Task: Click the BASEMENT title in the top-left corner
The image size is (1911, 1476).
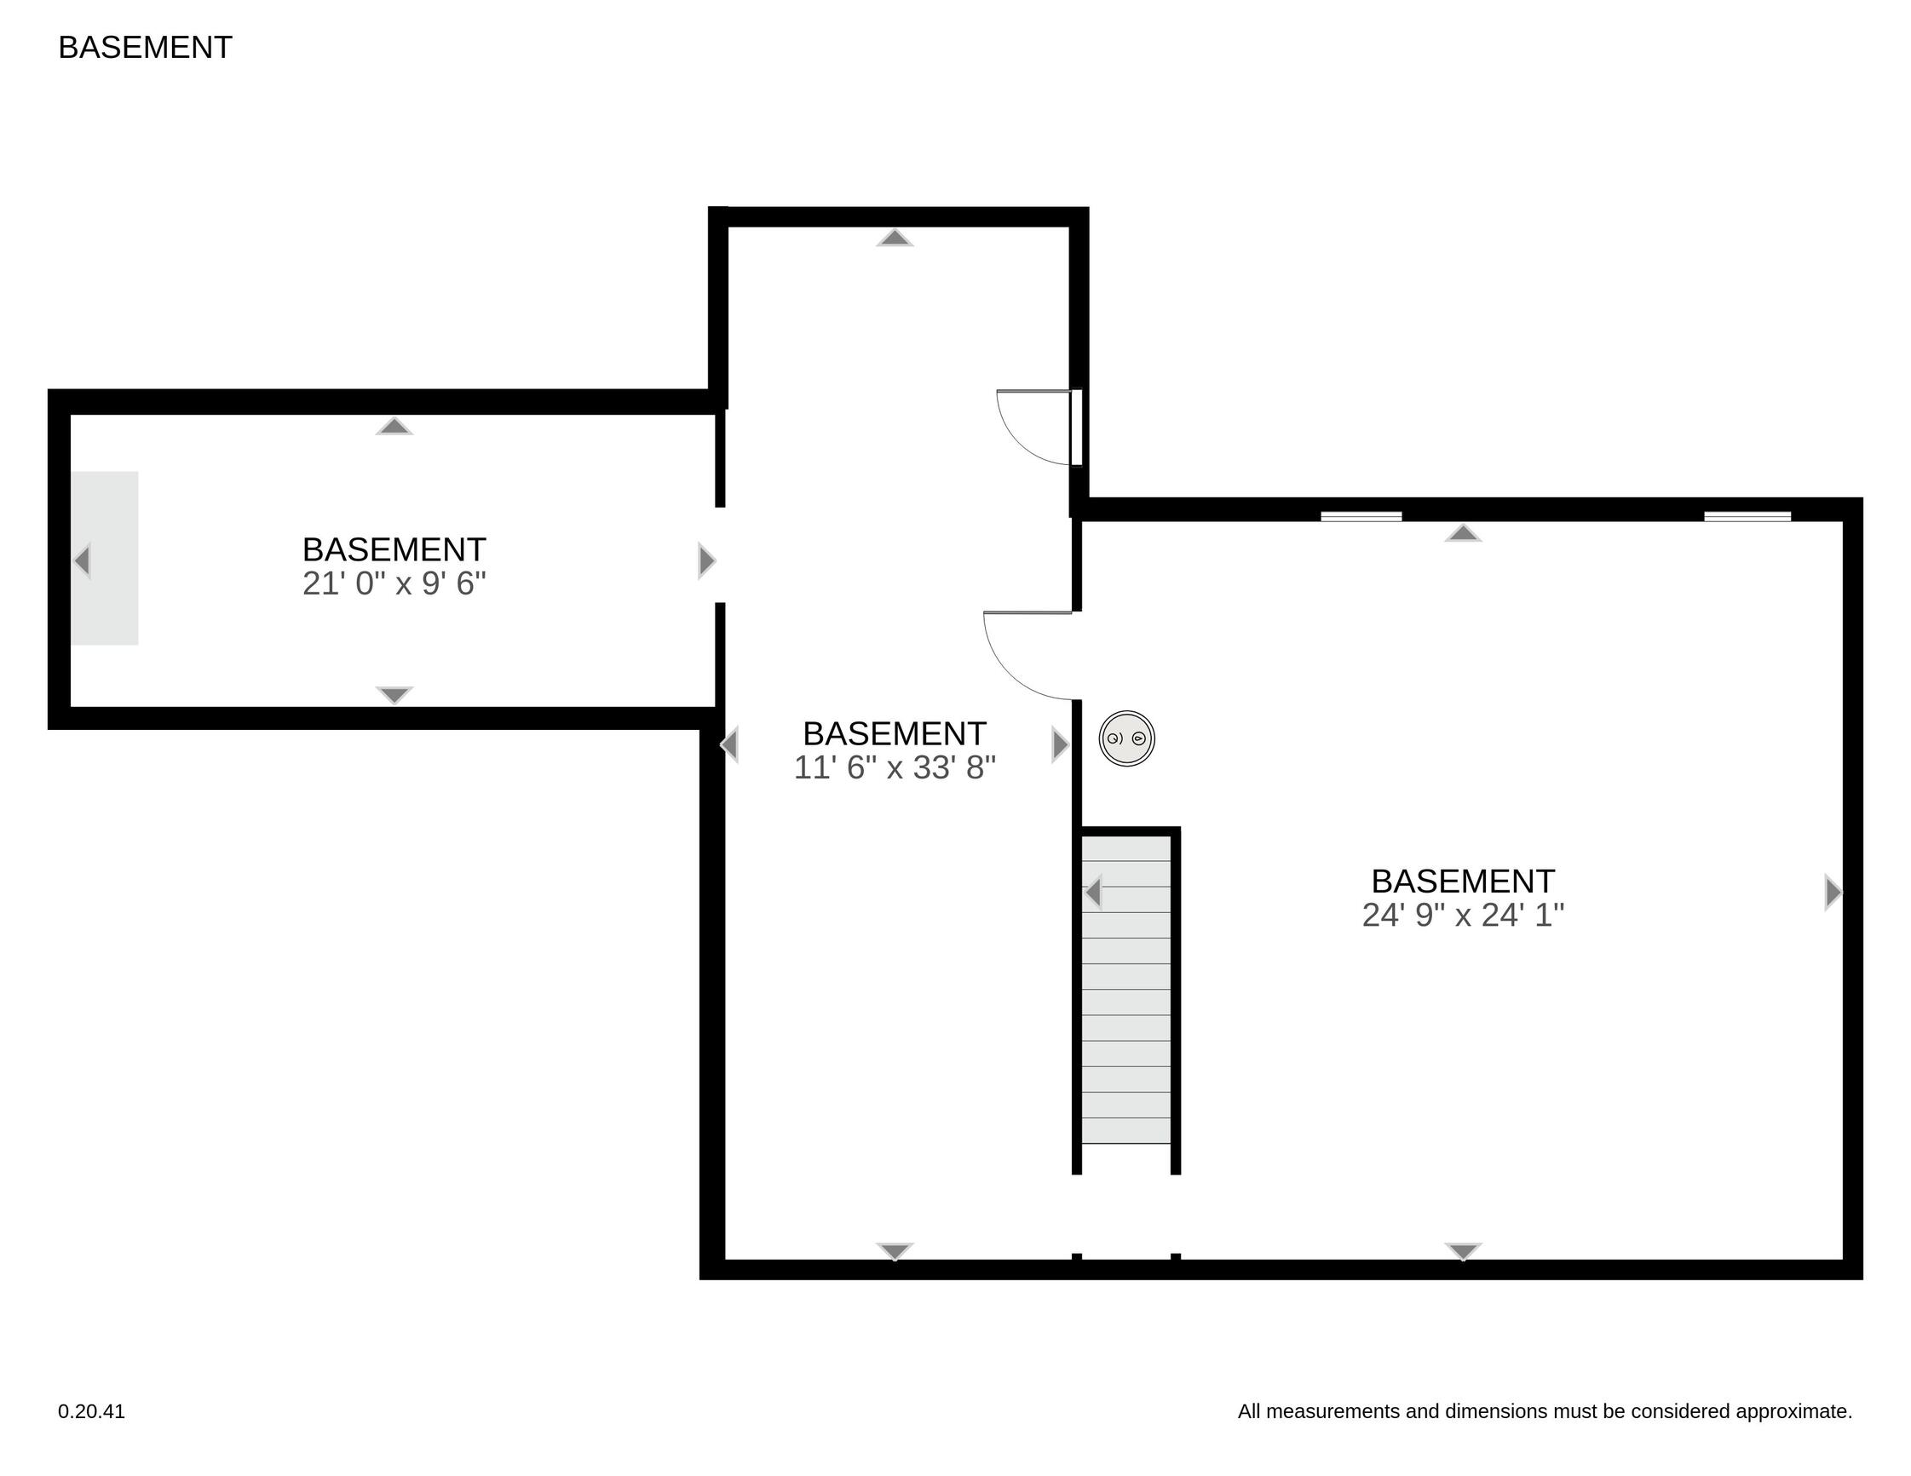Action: pos(145,47)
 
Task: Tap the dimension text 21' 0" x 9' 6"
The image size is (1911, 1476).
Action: pos(394,583)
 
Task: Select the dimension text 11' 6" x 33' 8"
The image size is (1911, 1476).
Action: pos(895,767)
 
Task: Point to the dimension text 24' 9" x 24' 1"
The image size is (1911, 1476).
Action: pos(1463,916)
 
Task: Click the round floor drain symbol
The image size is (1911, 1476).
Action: pos(1127,738)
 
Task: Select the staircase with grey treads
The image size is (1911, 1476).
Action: pos(1126,990)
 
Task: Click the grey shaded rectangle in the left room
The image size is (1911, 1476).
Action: pos(104,558)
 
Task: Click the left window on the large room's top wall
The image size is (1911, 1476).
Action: pos(1361,516)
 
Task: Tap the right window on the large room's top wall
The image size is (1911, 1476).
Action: pos(1747,516)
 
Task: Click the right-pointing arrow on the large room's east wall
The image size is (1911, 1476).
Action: pos(1833,893)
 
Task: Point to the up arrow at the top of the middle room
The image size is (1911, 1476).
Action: pos(895,238)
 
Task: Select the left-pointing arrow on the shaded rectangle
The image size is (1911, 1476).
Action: pos(83,560)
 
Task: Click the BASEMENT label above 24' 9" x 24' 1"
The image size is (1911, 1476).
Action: pos(1463,881)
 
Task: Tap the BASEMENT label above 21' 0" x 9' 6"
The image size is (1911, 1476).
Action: pos(394,550)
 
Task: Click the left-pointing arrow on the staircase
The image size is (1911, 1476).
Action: pos(1092,893)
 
